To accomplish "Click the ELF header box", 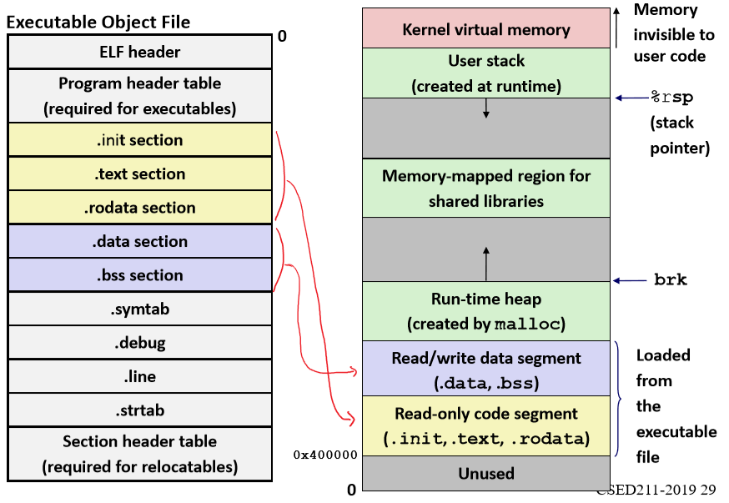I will (x=139, y=52).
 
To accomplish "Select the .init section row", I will (x=139, y=140).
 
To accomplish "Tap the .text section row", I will (x=139, y=174).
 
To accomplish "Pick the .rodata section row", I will (x=139, y=208).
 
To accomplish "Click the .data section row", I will (x=139, y=242).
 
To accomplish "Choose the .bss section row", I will (x=139, y=275).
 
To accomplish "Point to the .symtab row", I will (x=139, y=309).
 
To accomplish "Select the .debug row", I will (x=139, y=343).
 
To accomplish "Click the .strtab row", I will (x=139, y=410).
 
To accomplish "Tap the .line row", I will (x=139, y=377).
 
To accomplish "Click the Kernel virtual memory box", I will (x=486, y=29).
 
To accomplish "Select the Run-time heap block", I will (x=486, y=311).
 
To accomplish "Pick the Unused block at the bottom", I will (x=486, y=474).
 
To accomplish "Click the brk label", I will (x=671, y=280).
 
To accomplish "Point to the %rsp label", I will (x=671, y=98).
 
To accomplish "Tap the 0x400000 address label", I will (x=325, y=455).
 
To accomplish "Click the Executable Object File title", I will (x=98, y=23).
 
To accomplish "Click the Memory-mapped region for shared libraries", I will (x=486, y=189).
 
